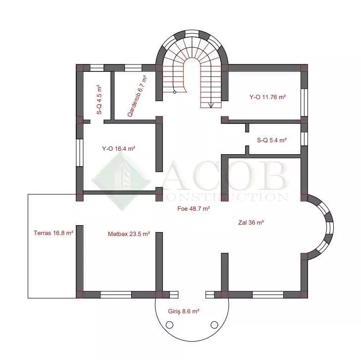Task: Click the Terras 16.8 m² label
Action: click(53, 233)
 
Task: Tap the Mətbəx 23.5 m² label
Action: click(129, 234)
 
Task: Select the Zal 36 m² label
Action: click(251, 223)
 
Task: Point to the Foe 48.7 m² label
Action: click(194, 209)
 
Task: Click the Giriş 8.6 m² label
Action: click(184, 311)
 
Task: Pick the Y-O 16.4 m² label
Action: click(118, 148)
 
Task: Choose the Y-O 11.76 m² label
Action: click(267, 97)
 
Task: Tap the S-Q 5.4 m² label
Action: click(272, 140)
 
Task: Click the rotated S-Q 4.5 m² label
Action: click(99, 100)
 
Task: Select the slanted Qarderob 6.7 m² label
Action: click(137, 96)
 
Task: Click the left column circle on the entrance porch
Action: click(169, 325)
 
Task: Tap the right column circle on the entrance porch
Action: click(214, 325)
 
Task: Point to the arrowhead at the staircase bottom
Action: click(211, 106)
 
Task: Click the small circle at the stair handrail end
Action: click(175, 92)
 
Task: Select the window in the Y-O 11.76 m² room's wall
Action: click(304, 102)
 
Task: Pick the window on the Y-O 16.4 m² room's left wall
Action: click(79, 153)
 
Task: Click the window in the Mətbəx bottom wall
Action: click(116, 295)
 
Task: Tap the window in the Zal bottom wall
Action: click(268, 295)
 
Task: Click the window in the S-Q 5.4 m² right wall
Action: click(304, 139)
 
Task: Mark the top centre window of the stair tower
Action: click(192, 33)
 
